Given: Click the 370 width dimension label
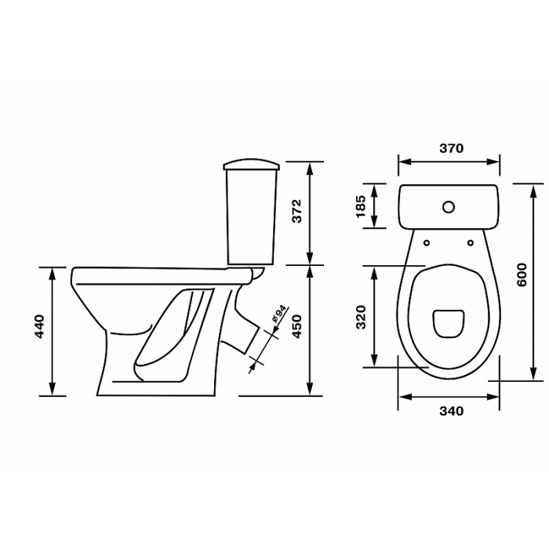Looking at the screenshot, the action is [x=451, y=148].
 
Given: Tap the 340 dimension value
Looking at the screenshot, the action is [x=451, y=411].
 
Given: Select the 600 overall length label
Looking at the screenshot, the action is [x=522, y=274].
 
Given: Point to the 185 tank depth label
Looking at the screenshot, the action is [x=361, y=206].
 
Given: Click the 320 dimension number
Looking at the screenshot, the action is [x=361, y=317].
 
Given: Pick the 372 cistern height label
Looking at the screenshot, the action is [x=296, y=211].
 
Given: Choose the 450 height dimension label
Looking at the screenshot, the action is [x=296, y=327].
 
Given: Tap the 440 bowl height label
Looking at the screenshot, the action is [x=39, y=327].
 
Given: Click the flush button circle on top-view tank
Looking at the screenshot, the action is [x=448, y=207].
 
